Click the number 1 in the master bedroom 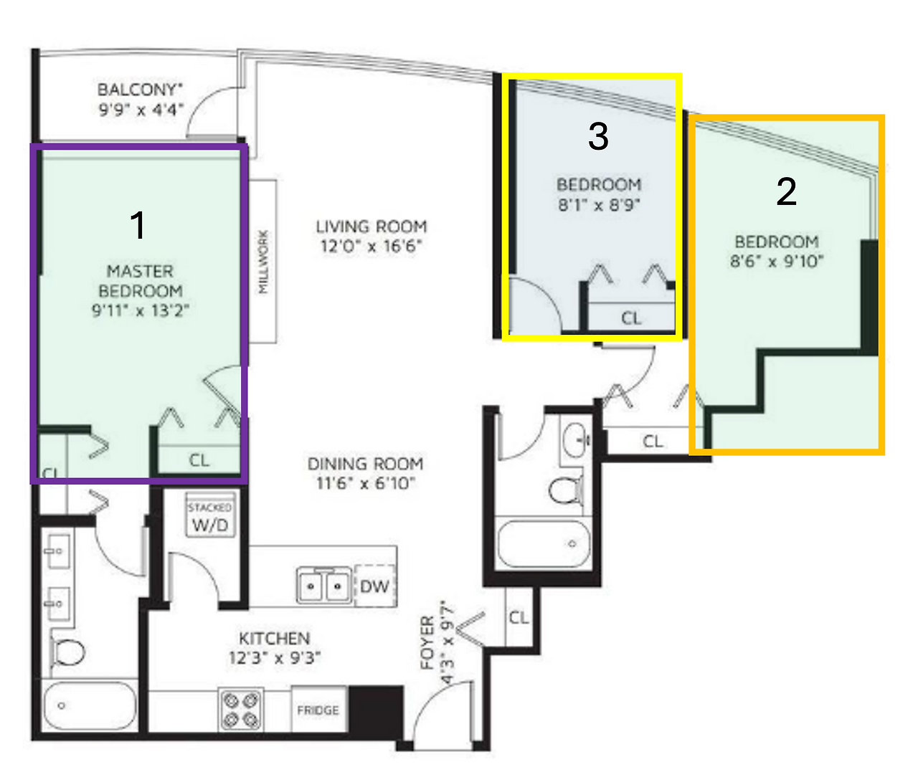tap(138, 225)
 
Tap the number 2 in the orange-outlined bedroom tap(787, 191)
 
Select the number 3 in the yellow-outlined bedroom tap(598, 135)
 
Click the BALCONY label tap(140, 90)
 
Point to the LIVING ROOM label tap(372, 227)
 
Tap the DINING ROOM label tap(365, 464)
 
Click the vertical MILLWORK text tap(263, 262)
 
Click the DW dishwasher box tap(375, 586)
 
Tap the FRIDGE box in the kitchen tap(319, 710)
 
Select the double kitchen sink tap(324, 586)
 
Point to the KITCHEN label tap(275, 638)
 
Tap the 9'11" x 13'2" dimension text tap(141, 311)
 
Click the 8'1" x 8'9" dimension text tap(599, 204)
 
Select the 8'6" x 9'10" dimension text tap(777, 262)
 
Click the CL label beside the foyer tap(519, 618)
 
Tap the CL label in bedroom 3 tap(631, 318)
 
